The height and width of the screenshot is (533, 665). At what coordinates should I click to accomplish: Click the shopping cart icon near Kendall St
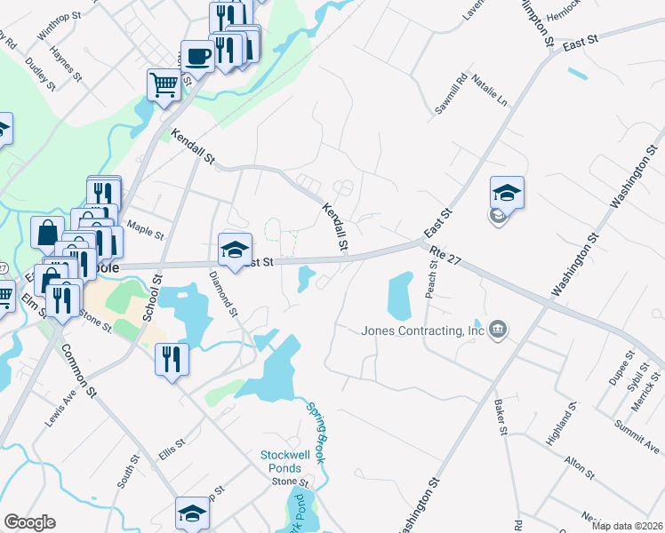tap(164, 86)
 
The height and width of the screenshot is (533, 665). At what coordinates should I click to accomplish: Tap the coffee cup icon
tap(197, 56)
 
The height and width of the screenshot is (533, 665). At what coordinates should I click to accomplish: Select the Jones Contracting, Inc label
tap(422, 331)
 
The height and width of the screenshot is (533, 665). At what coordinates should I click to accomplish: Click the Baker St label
tap(501, 418)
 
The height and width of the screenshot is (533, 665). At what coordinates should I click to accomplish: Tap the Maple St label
tap(146, 230)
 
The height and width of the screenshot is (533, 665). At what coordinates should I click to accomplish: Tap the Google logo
tap(29, 522)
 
